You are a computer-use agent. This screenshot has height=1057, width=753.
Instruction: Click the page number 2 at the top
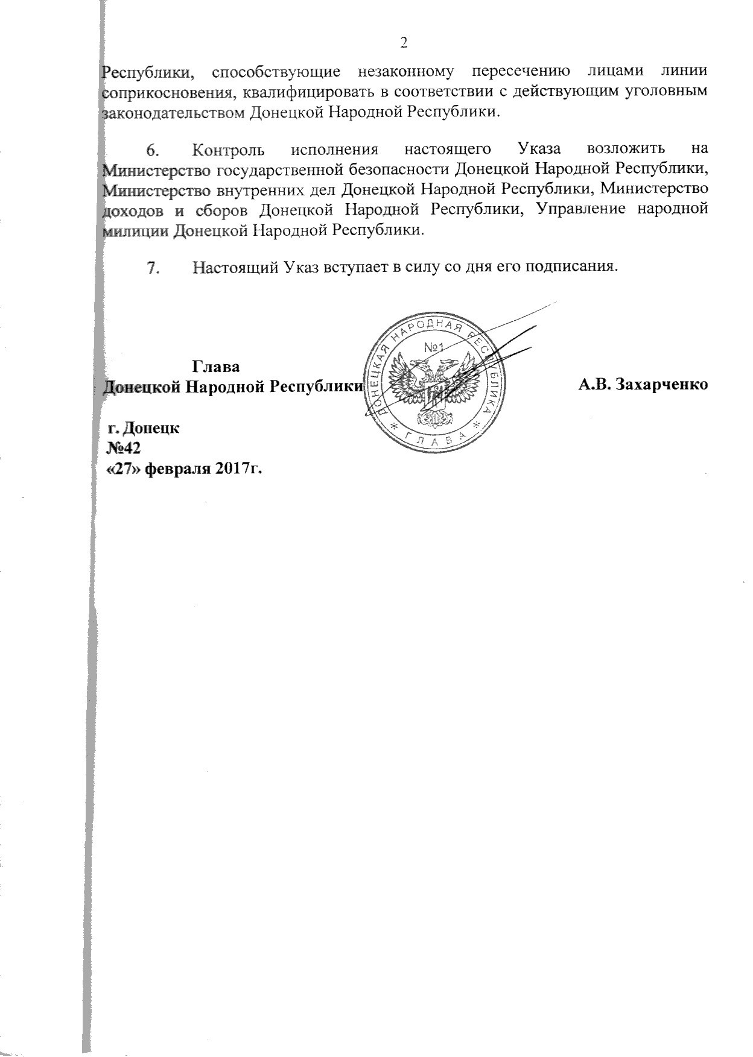(x=404, y=42)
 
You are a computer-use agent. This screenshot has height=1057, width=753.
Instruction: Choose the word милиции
(x=135, y=230)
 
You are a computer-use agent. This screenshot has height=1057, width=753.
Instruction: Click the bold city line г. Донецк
(x=143, y=428)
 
